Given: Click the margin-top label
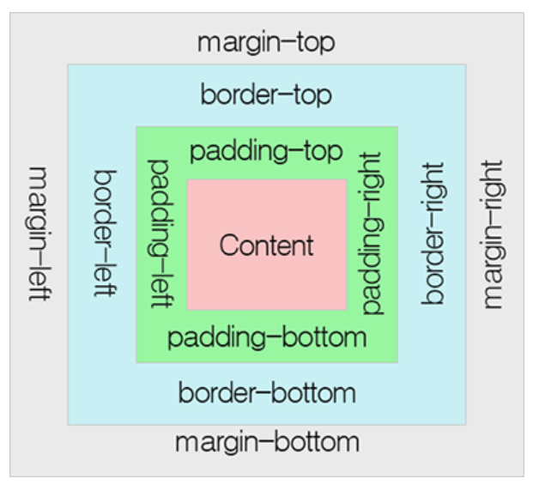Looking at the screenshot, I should click(266, 42).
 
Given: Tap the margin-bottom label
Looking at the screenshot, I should click(267, 443).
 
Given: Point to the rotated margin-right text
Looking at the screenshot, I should click(494, 233).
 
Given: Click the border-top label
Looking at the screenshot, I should click(266, 94).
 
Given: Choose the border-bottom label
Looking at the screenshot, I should click(267, 394).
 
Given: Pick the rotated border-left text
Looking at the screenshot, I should click(104, 233).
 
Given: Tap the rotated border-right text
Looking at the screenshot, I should click(434, 233).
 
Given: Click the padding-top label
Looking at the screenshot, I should click(266, 152).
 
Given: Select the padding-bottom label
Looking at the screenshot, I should click(267, 337).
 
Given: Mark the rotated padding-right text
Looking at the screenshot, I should click(372, 233).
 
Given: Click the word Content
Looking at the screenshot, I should click(266, 245).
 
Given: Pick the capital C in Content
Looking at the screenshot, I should click(228, 245).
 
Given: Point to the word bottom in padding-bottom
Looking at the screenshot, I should click(325, 337).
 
